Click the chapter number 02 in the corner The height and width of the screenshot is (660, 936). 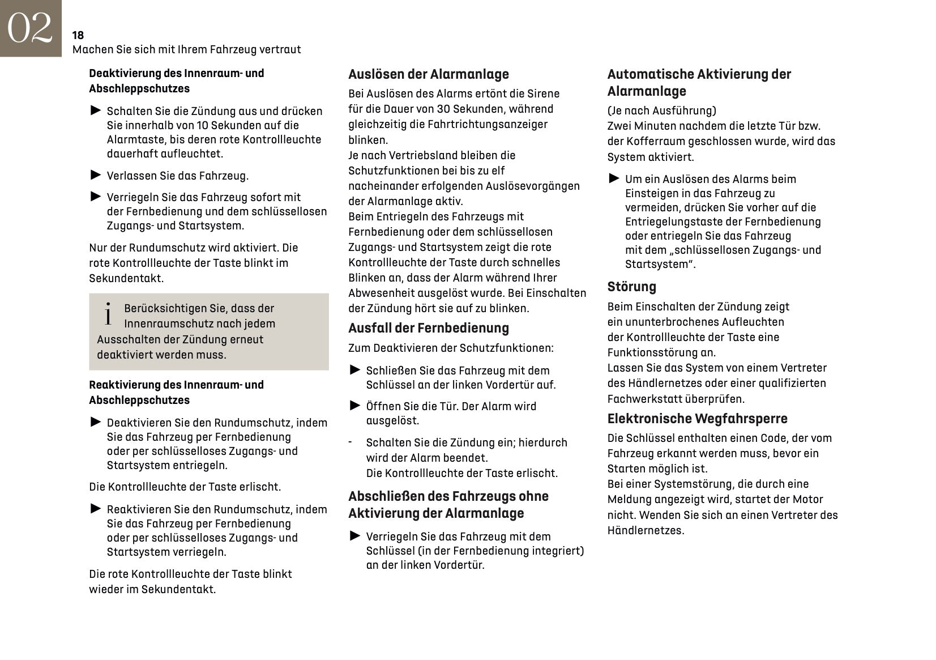coord(30,28)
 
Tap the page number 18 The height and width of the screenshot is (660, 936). coord(78,35)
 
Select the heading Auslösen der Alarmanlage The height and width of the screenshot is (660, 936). coord(428,74)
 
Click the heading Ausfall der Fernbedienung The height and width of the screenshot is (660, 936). coord(428,328)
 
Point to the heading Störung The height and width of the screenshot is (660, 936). coord(631,287)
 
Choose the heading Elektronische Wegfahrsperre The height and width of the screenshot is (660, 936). coord(697,419)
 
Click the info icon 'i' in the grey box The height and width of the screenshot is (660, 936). coord(108,314)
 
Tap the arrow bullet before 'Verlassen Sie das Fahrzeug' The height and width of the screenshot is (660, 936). coord(96,175)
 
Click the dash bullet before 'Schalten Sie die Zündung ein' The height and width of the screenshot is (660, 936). coord(351,442)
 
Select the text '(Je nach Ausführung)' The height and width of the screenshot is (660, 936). coord(661,110)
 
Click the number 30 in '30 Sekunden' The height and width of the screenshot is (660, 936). coord(443,109)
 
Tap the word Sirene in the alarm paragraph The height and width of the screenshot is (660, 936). coord(543,93)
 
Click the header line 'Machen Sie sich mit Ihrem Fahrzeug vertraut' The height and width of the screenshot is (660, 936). coord(186,49)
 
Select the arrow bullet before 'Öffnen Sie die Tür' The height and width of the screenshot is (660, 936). coord(355,405)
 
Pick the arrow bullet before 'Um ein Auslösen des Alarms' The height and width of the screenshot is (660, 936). coord(614,178)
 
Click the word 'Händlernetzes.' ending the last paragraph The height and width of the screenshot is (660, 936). coord(646,531)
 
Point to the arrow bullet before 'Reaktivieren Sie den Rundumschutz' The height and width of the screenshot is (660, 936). coord(96,509)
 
